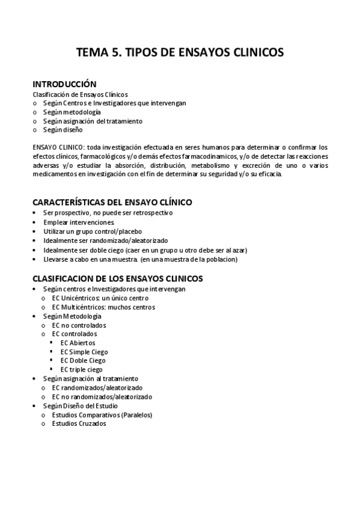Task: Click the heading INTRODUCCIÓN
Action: pyautogui.click(x=64, y=84)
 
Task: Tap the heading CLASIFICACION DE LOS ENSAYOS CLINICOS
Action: pyautogui.click(x=117, y=278)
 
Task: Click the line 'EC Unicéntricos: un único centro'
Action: pyautogui.click(x=100, y=298)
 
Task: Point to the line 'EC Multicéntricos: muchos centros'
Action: pyautogui.click(x=103, y=307)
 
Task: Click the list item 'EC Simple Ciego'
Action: pyautogui.click(x=84, y=352)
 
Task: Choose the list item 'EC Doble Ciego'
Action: pyautogui.click(x=83, y=360)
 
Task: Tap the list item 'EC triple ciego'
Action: pyautogui.click(x=82, y=369)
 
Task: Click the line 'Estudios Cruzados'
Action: pyautogui.click(x=79, y=423)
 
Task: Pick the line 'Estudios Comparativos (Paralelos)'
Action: pyautogui.click(x=102, y=414)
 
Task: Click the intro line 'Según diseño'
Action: pyautogui.click(x=63, y=129)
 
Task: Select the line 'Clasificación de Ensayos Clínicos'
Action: pyautogui.click(x=79, y=94)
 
